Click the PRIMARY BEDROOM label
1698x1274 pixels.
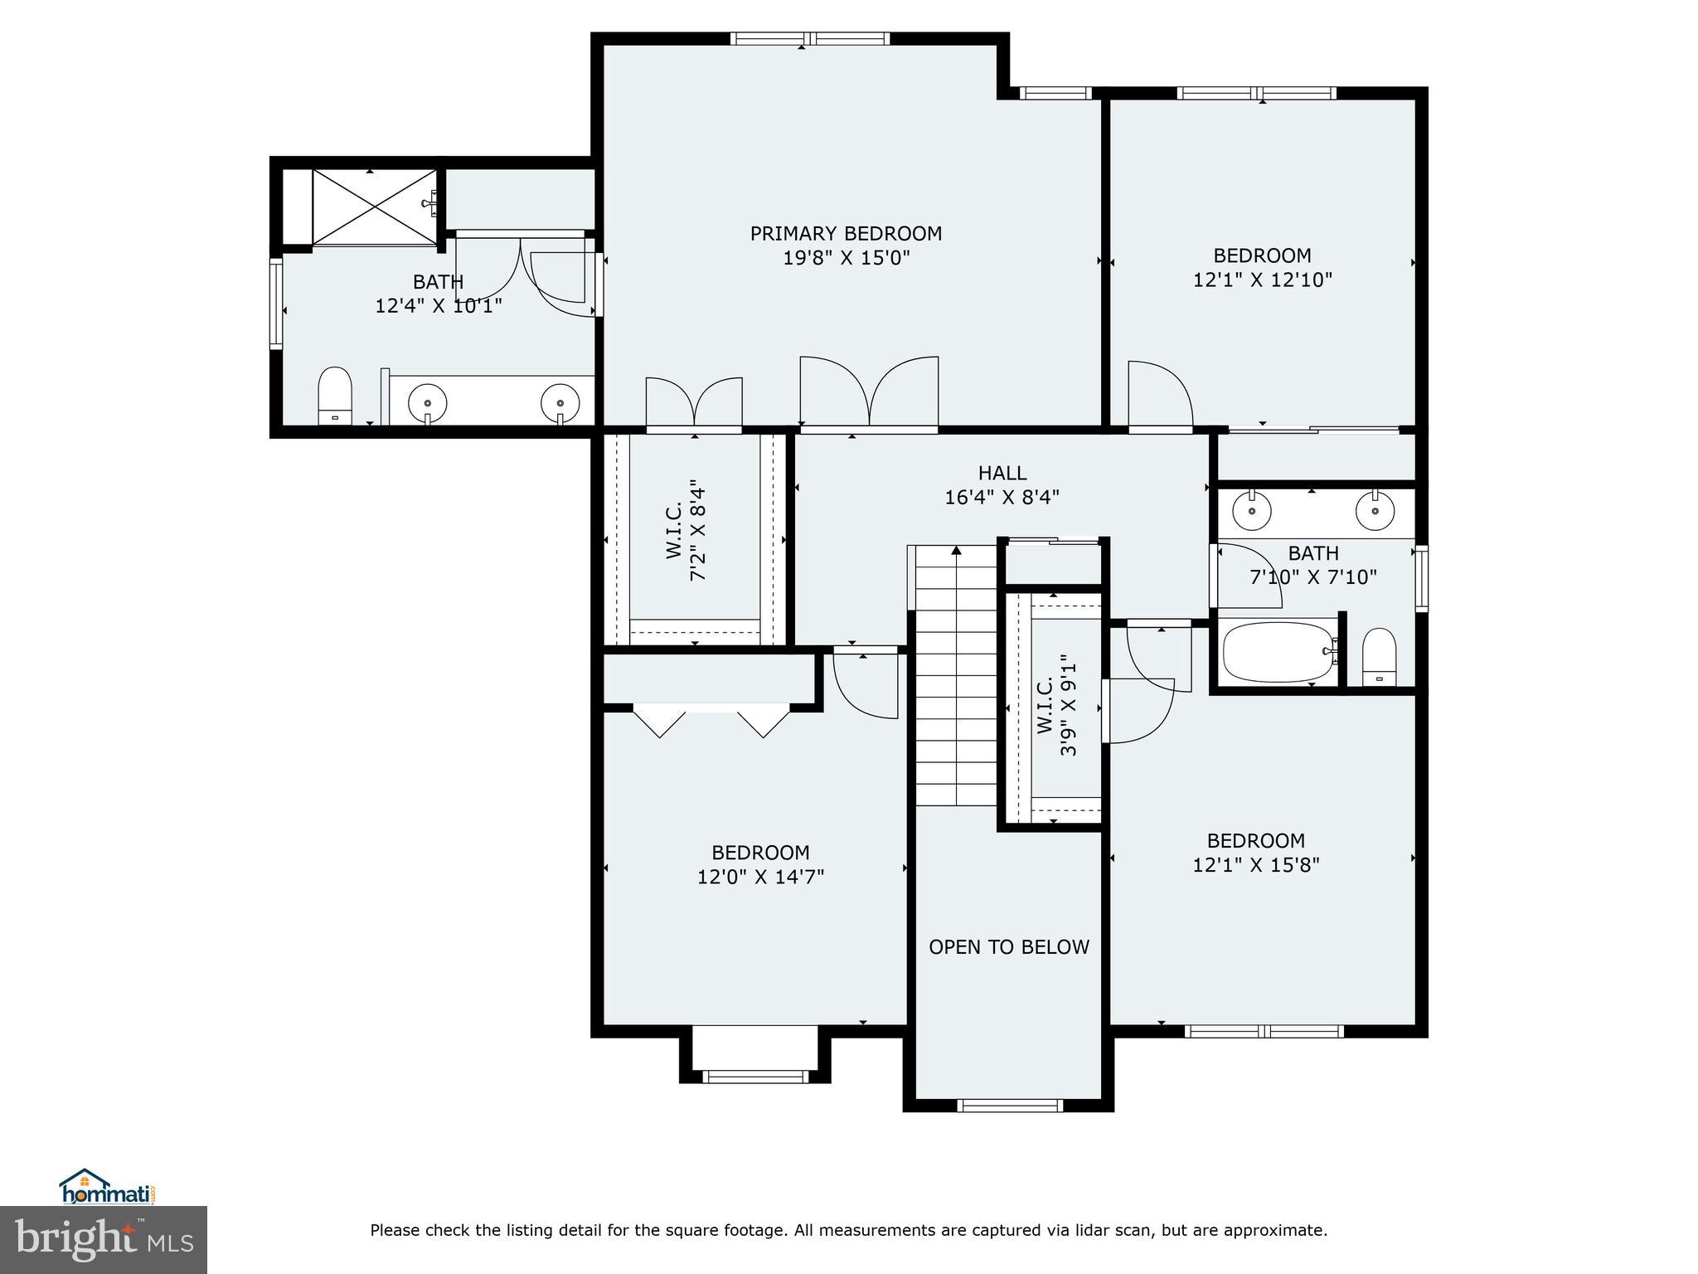tap(846, 234)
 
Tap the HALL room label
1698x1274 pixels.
tap(1002, 473)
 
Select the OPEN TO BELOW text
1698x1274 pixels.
tap(1009, 947)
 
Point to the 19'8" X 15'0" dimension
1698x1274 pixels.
tap(847, 258)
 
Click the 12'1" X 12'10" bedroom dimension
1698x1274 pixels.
tap(1263, 280)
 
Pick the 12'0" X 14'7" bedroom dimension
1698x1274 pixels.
tap(761, 877)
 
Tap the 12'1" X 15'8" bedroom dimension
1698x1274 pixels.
tap(1256, 865)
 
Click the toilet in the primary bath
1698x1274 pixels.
tap(335, 396)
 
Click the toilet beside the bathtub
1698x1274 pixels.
tap(1380, 657)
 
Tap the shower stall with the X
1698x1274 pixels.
tap(375, 207)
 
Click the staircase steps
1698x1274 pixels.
tap(956, 675)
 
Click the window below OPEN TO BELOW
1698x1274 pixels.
tap(1009, 1105)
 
